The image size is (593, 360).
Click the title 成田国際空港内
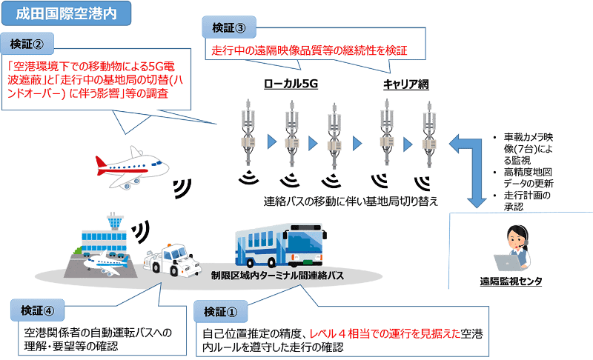point(66,12)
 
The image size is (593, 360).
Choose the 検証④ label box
point(36,309)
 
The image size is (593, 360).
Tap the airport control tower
point(113,224)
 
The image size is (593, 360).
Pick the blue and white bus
point(285,249)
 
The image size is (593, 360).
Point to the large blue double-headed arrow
point(474,167)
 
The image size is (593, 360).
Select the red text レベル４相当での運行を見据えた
point(374,332)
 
